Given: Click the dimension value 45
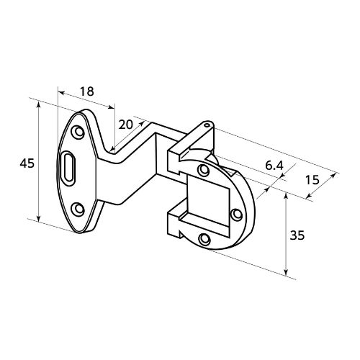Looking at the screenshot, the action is click(27, 163).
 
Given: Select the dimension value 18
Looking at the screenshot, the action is click(87, 91).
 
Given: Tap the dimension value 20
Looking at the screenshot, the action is click(126, 125).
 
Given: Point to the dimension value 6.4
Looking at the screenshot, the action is click(274, 166).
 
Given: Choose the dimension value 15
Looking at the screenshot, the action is click(312, 179).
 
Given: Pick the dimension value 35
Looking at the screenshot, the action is click(297, 235).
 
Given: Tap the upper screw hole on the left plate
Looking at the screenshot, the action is click(78, 132).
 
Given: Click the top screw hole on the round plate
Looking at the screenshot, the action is click(204, 170).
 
